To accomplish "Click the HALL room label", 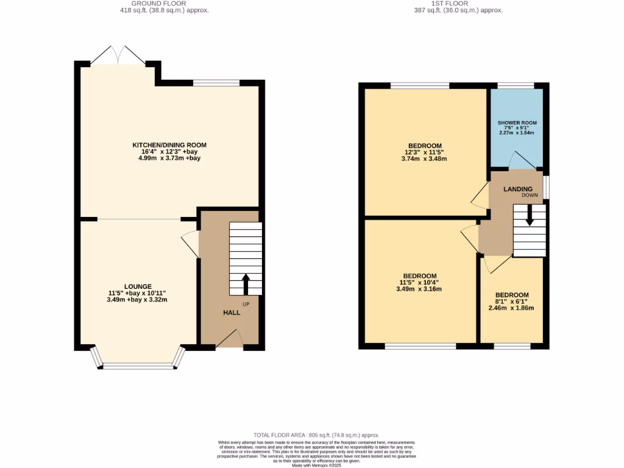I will point(231,313).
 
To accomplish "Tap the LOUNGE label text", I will point(138,286).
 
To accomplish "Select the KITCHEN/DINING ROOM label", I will point(170,145).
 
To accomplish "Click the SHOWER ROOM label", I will point(517,122).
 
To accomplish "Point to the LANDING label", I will point(517,189).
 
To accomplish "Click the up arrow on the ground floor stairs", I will point(246,284).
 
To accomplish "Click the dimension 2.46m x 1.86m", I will point(511,308).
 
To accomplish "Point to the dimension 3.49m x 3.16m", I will point(420,289).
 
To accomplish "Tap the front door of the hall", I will point(230,339).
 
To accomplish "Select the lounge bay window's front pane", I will point(138,366).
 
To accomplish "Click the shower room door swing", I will point(522,161).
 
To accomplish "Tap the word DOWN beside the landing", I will point(529,196).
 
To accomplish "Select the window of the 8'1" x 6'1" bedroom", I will point(511,347).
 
